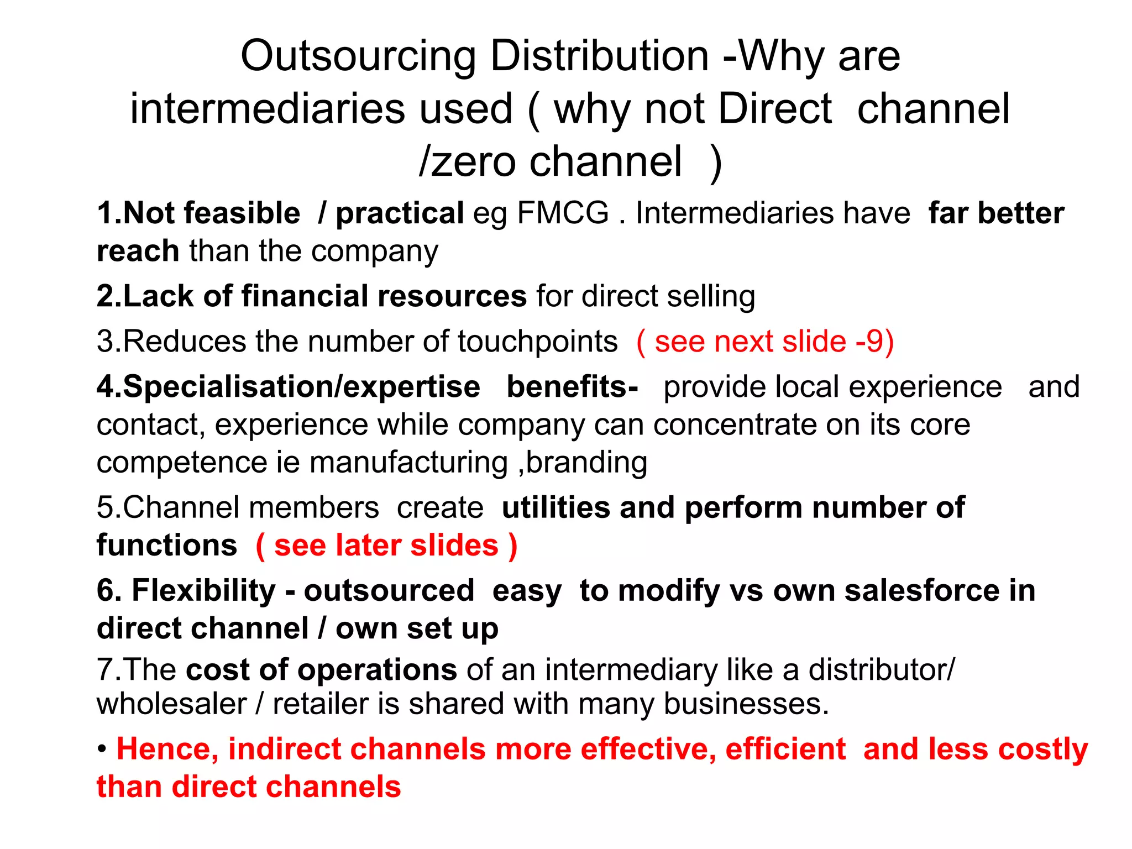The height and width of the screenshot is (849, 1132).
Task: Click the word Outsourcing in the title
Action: pyautogui.click(x=358, y=57)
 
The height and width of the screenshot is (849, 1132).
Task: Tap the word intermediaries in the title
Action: pyautogui.click(x=321, y=109)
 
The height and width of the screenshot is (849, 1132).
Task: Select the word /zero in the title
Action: pyautogui.click(x=467, y=161)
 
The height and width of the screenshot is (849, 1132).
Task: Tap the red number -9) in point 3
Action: pyautogui.click(x=874, y=341)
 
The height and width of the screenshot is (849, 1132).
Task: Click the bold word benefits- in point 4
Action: pyautogui.click(x=572, y=386)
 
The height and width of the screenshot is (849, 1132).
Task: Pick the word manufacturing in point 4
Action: pyautogui.click(x=408, y=462)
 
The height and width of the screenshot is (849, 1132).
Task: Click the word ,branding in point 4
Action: pyautogui.click(x=583, y=462)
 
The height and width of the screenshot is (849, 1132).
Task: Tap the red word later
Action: pyautogui.click(x=368, y=546)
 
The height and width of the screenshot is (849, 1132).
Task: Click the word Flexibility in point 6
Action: pyautogui.click(x=203, y=590)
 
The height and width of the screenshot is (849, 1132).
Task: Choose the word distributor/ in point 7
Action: pyautogui.click(x=881, y=670)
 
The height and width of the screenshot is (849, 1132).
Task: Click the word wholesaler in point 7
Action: pyautogui.click(x=171, y=704)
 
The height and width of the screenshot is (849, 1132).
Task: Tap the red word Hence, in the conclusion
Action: pyautogui.click(x=167, y=750)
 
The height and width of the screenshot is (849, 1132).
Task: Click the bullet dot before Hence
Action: pyautogui.click(x=102, y=750)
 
